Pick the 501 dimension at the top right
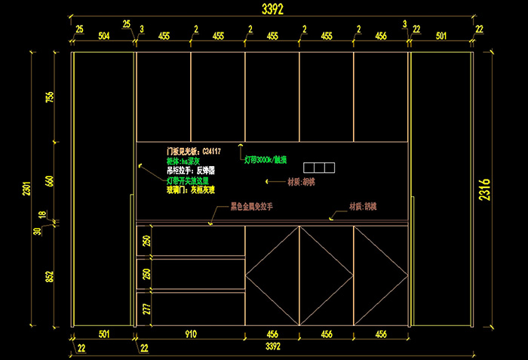441,35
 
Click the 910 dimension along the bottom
191,334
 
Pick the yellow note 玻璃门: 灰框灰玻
190,191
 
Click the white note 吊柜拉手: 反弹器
191,171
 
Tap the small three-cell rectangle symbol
318,166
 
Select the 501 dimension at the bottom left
104,334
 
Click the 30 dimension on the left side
35,232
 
